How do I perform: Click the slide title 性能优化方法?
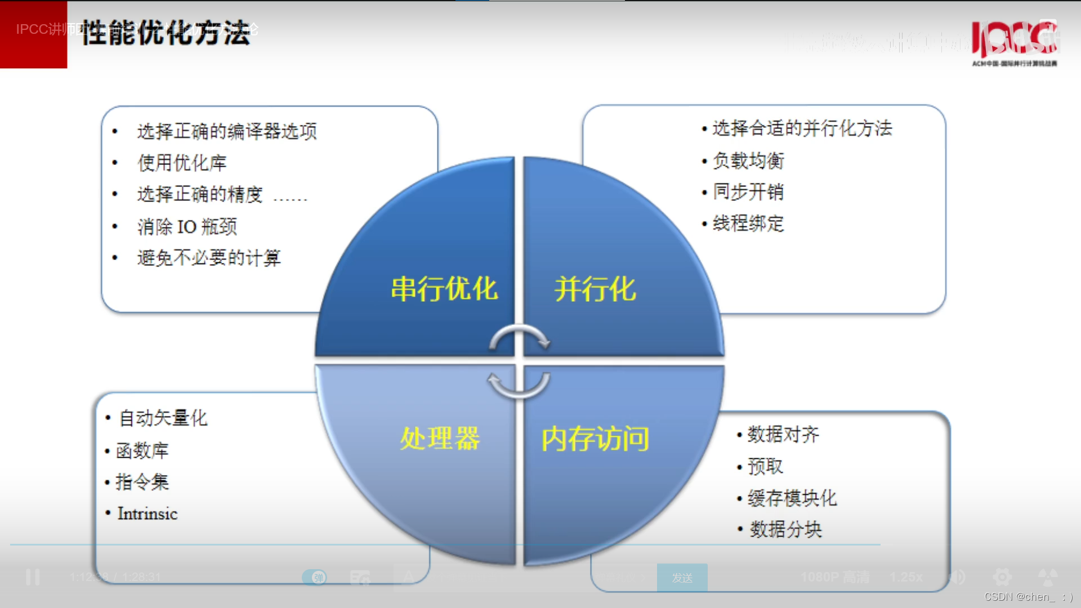[166, 33]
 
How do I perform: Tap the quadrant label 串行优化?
[444, 289]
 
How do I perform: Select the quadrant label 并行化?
[595, 289]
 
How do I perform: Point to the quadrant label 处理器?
[440, 439]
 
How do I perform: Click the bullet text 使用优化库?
[182, 163]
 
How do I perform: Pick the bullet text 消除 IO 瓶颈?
[187, 227]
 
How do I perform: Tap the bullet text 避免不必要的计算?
[209, 258]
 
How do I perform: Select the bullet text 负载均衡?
[748, 161]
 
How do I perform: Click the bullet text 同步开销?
[748, 192]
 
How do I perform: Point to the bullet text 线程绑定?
[748, 223]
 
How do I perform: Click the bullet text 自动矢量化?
[163, 418]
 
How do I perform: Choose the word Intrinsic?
[148, 513]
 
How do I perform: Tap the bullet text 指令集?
[142, 482]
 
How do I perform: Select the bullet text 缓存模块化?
[792, 498]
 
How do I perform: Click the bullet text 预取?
[765, 466]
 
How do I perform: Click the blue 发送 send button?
[682, 578]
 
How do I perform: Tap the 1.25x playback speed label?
[906, 578]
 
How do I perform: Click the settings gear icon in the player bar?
[1002, 577]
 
